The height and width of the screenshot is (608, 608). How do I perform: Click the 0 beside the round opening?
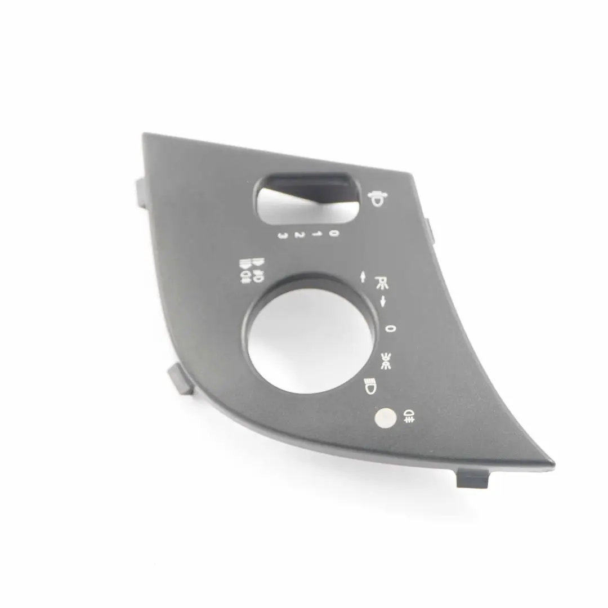(x=390, y=328)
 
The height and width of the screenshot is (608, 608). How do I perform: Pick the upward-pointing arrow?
(x=363, y=277)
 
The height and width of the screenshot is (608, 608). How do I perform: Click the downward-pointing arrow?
(x=383, y=301)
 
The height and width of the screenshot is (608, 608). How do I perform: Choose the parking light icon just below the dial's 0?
(x=386, y=360)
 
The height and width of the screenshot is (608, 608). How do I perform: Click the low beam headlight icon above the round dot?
(x=369, y=387)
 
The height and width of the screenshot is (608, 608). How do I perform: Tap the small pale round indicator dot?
(x=385, y=417)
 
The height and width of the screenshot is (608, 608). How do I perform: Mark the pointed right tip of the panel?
(x=552, y=464)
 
